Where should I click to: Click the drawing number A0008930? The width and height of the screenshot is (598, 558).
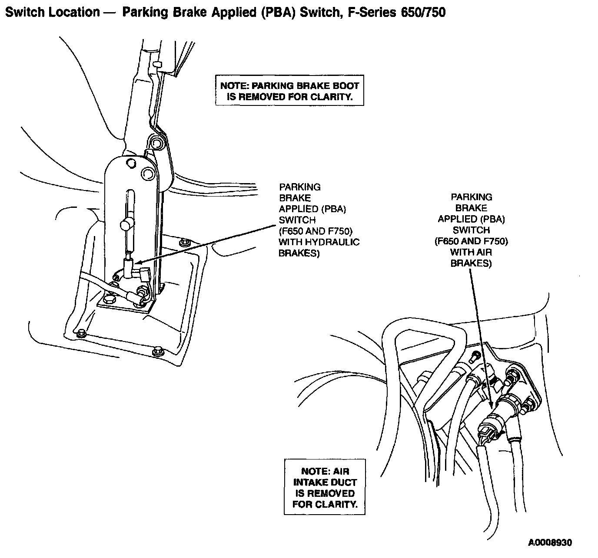550,542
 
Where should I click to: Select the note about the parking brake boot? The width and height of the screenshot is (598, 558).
289,91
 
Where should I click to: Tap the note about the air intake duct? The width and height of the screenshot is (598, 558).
325,488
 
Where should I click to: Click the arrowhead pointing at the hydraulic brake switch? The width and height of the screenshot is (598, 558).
136,263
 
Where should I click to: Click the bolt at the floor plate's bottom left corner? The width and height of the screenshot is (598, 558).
80,333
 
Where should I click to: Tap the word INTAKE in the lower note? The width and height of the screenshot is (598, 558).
325,482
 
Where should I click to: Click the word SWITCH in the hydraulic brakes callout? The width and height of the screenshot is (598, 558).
297,220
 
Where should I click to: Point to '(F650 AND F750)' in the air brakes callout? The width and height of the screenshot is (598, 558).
471,241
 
